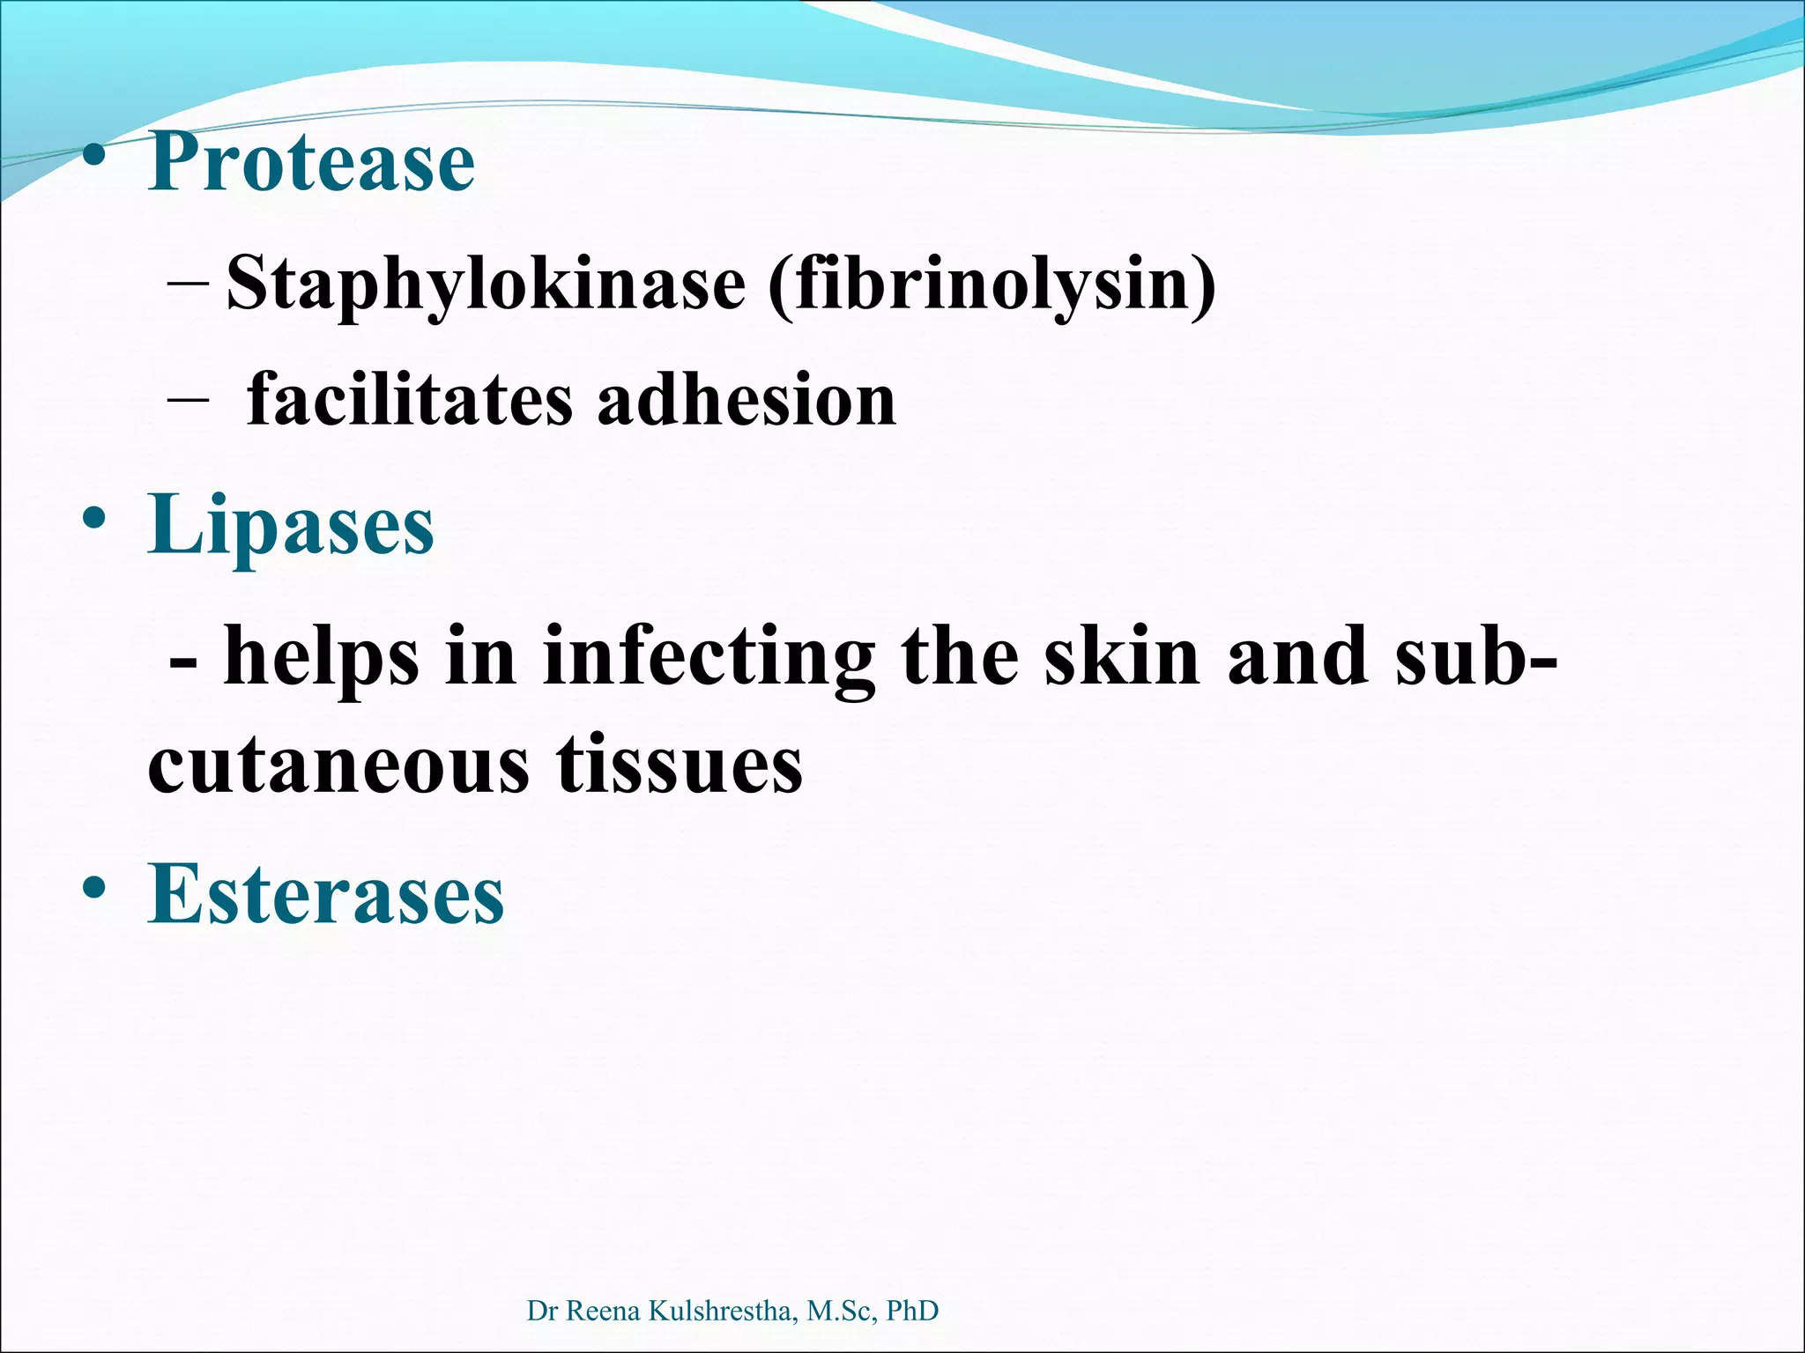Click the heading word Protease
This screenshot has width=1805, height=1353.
coord(311,162)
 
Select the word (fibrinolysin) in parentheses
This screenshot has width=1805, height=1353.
coord(992,284)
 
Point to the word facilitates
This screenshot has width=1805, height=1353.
coord(409,401)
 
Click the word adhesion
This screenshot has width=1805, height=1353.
coord(747,401)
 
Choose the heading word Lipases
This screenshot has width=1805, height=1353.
coord(291,526)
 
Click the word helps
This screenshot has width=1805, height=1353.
coord(321,656)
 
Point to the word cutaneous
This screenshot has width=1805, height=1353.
coord(339,764)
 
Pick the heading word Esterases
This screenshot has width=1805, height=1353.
coord(326,894)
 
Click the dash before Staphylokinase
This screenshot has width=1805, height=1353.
coord(187,284)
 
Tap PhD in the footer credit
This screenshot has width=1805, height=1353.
coord(911,1311)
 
